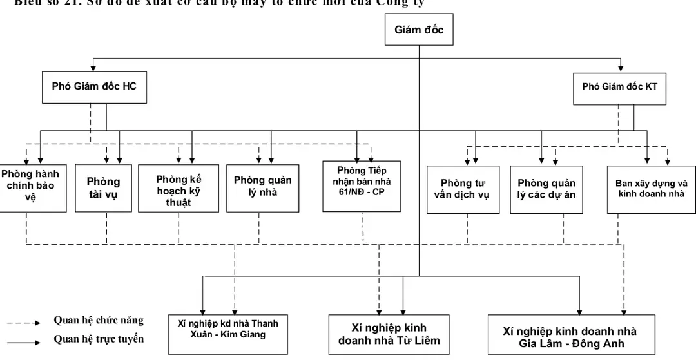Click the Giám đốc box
pyautogui.click(x=419, y=30)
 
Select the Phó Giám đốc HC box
pyautogui.click(x=93, y=86)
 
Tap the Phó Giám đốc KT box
pyautogui.click(x=619, y=86)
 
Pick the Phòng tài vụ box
pyautogui.click(x=103, y=187)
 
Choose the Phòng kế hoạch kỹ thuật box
pyautogui.click(x=179, y=190)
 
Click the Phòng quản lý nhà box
pyautogui.click(x=262, y=186)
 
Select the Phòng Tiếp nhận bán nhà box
pyautogui.click(x=362, y=185)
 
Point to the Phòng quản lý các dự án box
pyautogui.click(x=546, y=189)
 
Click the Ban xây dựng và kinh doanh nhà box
pyautogui.click(x=651, y=189)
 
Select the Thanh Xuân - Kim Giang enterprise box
pyautogui.click(x=227, y=329)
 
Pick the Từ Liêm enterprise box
pyautogui.click(x=389, y=334)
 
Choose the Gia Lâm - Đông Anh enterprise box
pyautogui.click(x=570, y=337)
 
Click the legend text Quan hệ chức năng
pyautogui.click(x=98, y=321)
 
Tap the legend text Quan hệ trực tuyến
pyautogui.click(x=98, y=339)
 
